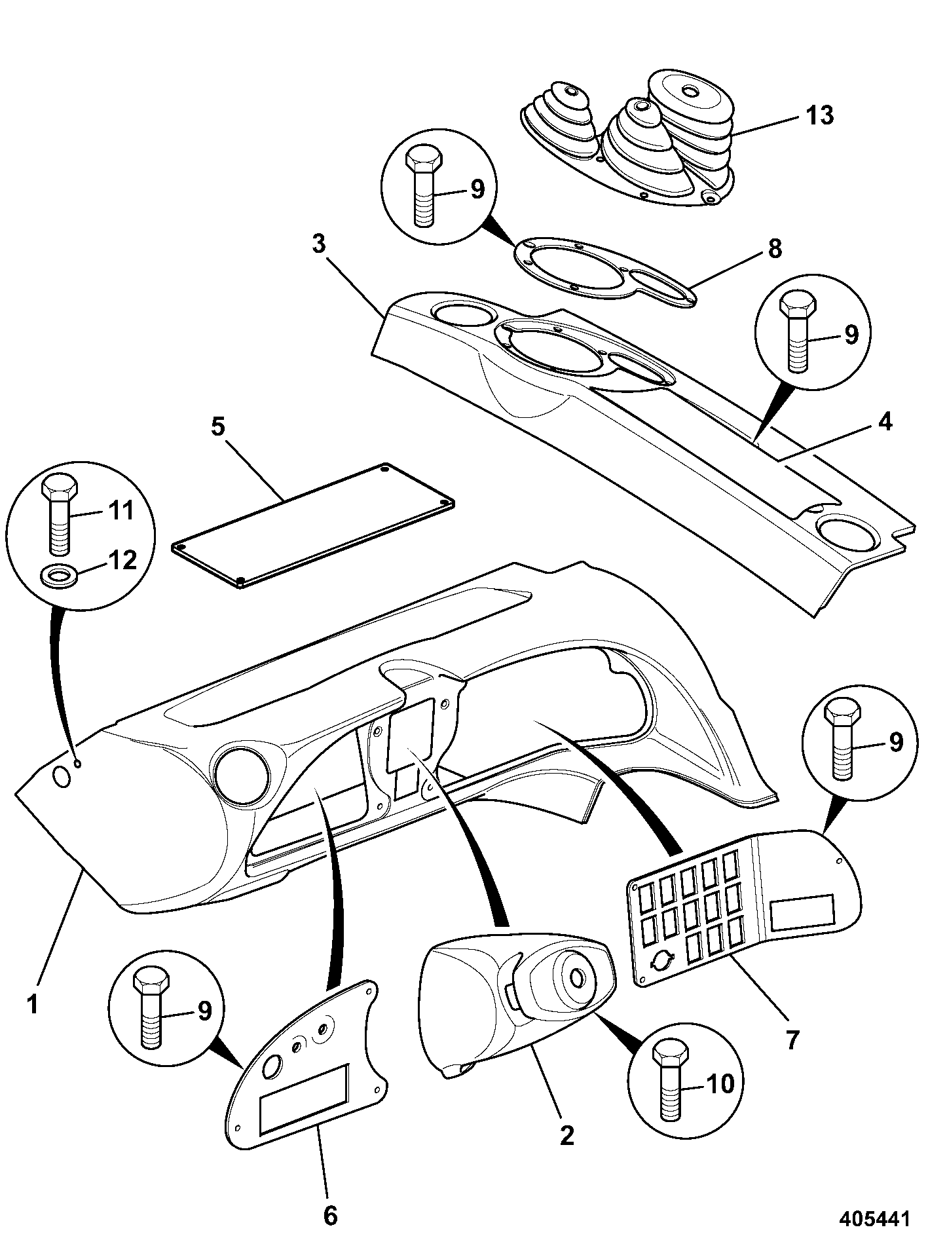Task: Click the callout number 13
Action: coord(819,115)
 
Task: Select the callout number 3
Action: coord(318,244)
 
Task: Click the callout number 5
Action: coord(884,422)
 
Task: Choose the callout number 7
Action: coord(721,1084)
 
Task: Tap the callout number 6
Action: coord(792,1040)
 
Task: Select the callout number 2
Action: coord(331,1216)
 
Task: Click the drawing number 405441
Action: coord(875,1219)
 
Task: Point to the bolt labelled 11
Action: coord(60,513)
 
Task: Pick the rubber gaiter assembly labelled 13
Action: coord(629,139)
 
